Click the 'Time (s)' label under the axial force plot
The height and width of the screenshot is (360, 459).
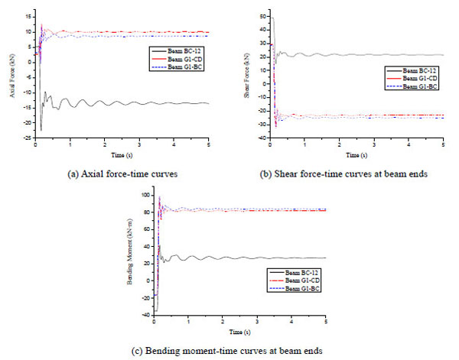click(121, 154)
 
